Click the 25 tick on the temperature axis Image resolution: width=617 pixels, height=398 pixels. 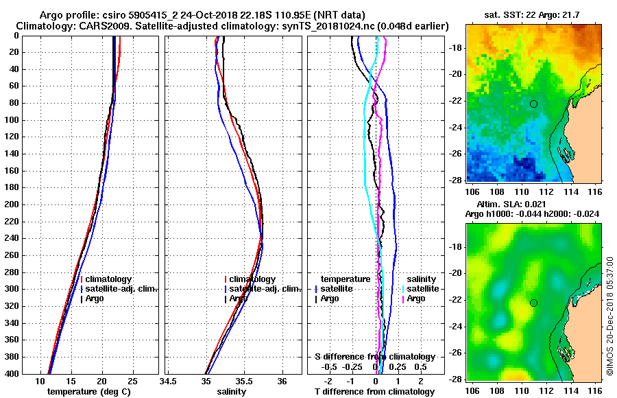[x=132, y=382]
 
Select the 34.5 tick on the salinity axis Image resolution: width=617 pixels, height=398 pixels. [x=168, y=382]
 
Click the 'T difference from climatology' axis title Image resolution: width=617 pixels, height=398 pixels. [x=374, y=392]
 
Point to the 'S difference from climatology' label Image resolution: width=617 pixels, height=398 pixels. [x=374, y=357]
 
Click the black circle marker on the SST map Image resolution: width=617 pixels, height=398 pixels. [x=533, y=104]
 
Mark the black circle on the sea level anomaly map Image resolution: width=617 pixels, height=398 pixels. [x=533, y=303]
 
